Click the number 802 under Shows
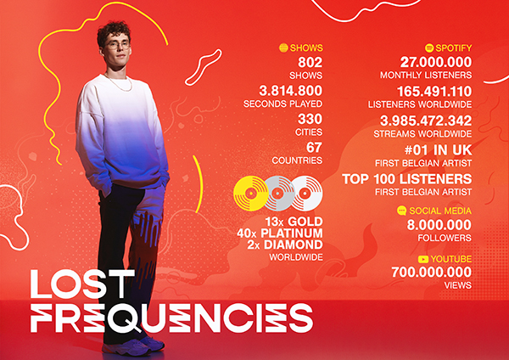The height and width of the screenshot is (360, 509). pyautogui.click(x=310, y=62)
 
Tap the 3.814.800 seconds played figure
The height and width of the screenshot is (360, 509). pyautogui.click(x=290, y=91)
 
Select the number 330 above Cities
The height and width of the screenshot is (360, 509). pyautogui.click(x=310, y=119)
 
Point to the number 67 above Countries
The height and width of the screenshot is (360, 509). pyautogui.click(x=314, y=148)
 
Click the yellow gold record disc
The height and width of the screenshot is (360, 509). pyautogui.click(x=250, y=194)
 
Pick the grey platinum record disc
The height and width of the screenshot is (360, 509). pyautogui.click(x=278, y=194)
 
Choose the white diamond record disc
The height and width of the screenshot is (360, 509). pyautogui.click(x=305, y=194)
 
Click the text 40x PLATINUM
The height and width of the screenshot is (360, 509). pyautogui.click(x=279, y=233)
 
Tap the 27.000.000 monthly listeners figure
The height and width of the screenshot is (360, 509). pyautogui.click(x=436, y=62)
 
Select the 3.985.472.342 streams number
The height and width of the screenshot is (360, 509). pyautogui.click(x=426, y=121)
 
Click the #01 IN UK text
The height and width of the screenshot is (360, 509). pyautogui.click(x=439, y=150)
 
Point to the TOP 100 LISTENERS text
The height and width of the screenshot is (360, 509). pyautogui.click(x=406, y=179)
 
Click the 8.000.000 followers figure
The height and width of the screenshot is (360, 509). pyautogui.click(x=439, y=225)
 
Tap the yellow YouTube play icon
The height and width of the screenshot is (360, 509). pyautogui.click(x=423, y=259)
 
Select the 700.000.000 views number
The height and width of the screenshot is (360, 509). pyautogui.click(x=432, y=273)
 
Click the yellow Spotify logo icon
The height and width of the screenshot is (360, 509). pyautogui.click(x=429, y=48)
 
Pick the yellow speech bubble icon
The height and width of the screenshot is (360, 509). pyautogui.click(x=401, y=211)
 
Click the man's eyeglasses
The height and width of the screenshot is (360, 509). pyautogui.click(x=117, y=45)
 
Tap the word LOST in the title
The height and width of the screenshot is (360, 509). pyautogui.click(x=82, y=284)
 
